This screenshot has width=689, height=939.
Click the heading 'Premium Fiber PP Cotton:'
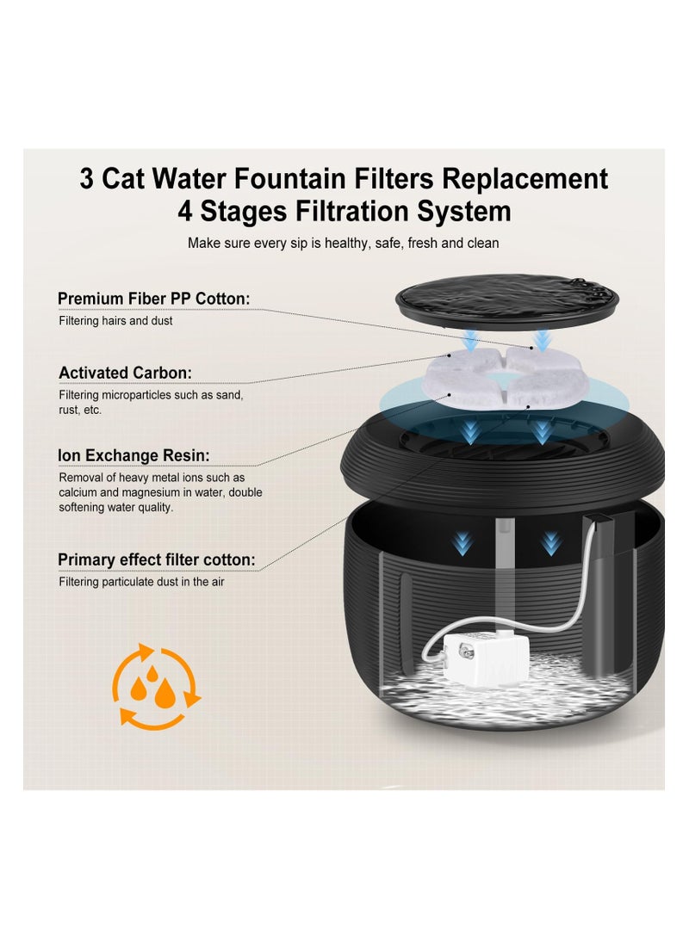coord(153,299)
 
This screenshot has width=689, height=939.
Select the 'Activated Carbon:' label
coord(125,373)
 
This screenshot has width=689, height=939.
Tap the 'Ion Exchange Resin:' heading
coord(133,455)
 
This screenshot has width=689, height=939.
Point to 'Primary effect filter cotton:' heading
coord(156,560)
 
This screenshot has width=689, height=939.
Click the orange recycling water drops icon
coord(155,686)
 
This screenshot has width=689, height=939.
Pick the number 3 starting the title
coord(87,179)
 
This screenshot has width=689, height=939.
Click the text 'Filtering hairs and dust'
coord(115,321)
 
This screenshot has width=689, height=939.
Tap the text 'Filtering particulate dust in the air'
coord(146,582)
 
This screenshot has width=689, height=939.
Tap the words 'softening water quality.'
coord(116,508)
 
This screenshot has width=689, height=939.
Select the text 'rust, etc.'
coord(80,411)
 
